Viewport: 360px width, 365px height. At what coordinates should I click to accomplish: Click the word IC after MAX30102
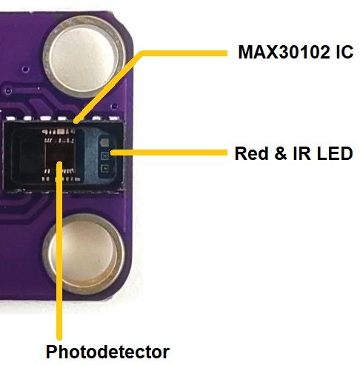pyautogui.click(x=342, y=53)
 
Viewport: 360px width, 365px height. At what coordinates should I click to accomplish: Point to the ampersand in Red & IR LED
pyautogui.click(x=277, y=154)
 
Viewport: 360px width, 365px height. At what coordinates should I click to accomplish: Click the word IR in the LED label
pyautogui.click(x=298, y=154)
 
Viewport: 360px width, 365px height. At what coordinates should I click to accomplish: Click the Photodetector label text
pyautogui.click(x=108, y=351)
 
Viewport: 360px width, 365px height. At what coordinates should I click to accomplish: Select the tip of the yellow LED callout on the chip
pyautogui.click(x=112, y=154)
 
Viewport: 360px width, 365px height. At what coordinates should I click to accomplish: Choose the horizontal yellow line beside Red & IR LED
pyautogui.click(x=170, y=153)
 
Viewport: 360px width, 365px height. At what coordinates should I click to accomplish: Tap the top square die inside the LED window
pyautogui.click(x=105, y=142)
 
